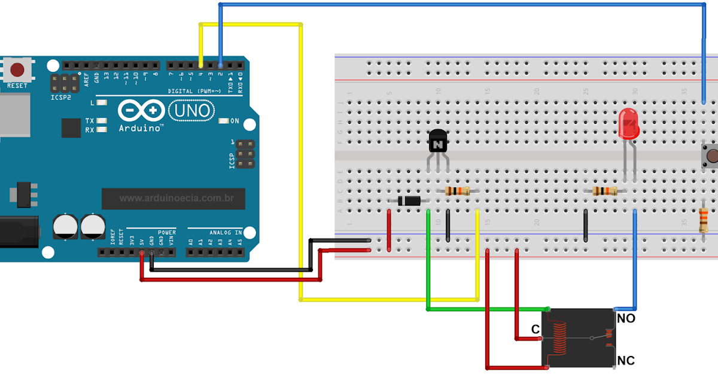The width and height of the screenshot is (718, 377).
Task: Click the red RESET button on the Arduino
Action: coord(17,69)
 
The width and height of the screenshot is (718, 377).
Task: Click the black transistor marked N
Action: coord(439,142)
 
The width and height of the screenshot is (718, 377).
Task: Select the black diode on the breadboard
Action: coord(410,201)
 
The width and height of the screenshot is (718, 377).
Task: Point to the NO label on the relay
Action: coord(626,319)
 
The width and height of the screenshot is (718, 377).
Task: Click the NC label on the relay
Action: coord(626,361)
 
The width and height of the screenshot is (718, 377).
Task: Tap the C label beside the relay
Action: coord(536,330)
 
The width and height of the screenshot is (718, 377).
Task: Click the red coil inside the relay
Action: coord(560,339)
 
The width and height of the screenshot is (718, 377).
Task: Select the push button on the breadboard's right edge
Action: coord(710,156)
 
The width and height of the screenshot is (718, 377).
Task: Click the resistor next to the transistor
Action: coord(458,191)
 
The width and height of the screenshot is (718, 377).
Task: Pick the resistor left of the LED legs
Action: coord(604,191)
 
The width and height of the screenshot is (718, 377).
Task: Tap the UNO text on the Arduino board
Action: coord(191,110)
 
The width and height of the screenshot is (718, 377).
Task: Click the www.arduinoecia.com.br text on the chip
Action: coord(176,198)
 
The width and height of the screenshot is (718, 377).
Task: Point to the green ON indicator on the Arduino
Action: coord(224,121)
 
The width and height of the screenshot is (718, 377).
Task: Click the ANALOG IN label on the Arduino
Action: coord(225,232)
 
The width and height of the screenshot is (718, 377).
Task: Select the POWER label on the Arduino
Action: coord(167,232)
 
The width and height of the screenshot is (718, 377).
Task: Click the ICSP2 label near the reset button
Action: coord(60,96)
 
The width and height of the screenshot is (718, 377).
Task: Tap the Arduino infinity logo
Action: coord(141,111)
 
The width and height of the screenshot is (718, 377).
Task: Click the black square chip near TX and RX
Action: coord(71,127)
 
